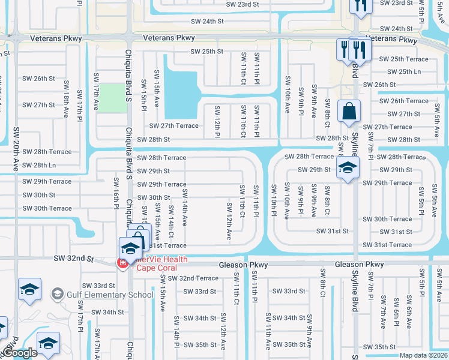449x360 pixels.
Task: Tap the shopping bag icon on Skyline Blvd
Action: (349, 112)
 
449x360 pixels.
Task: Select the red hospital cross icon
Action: (122, 263)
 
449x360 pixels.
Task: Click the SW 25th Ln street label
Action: (400, 72)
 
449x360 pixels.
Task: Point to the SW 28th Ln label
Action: (39, 166)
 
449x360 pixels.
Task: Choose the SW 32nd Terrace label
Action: (193, 278)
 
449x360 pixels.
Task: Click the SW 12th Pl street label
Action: (217, 122)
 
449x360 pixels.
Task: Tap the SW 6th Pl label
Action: (396, 312)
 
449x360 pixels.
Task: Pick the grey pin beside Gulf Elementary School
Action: (57, 294)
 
